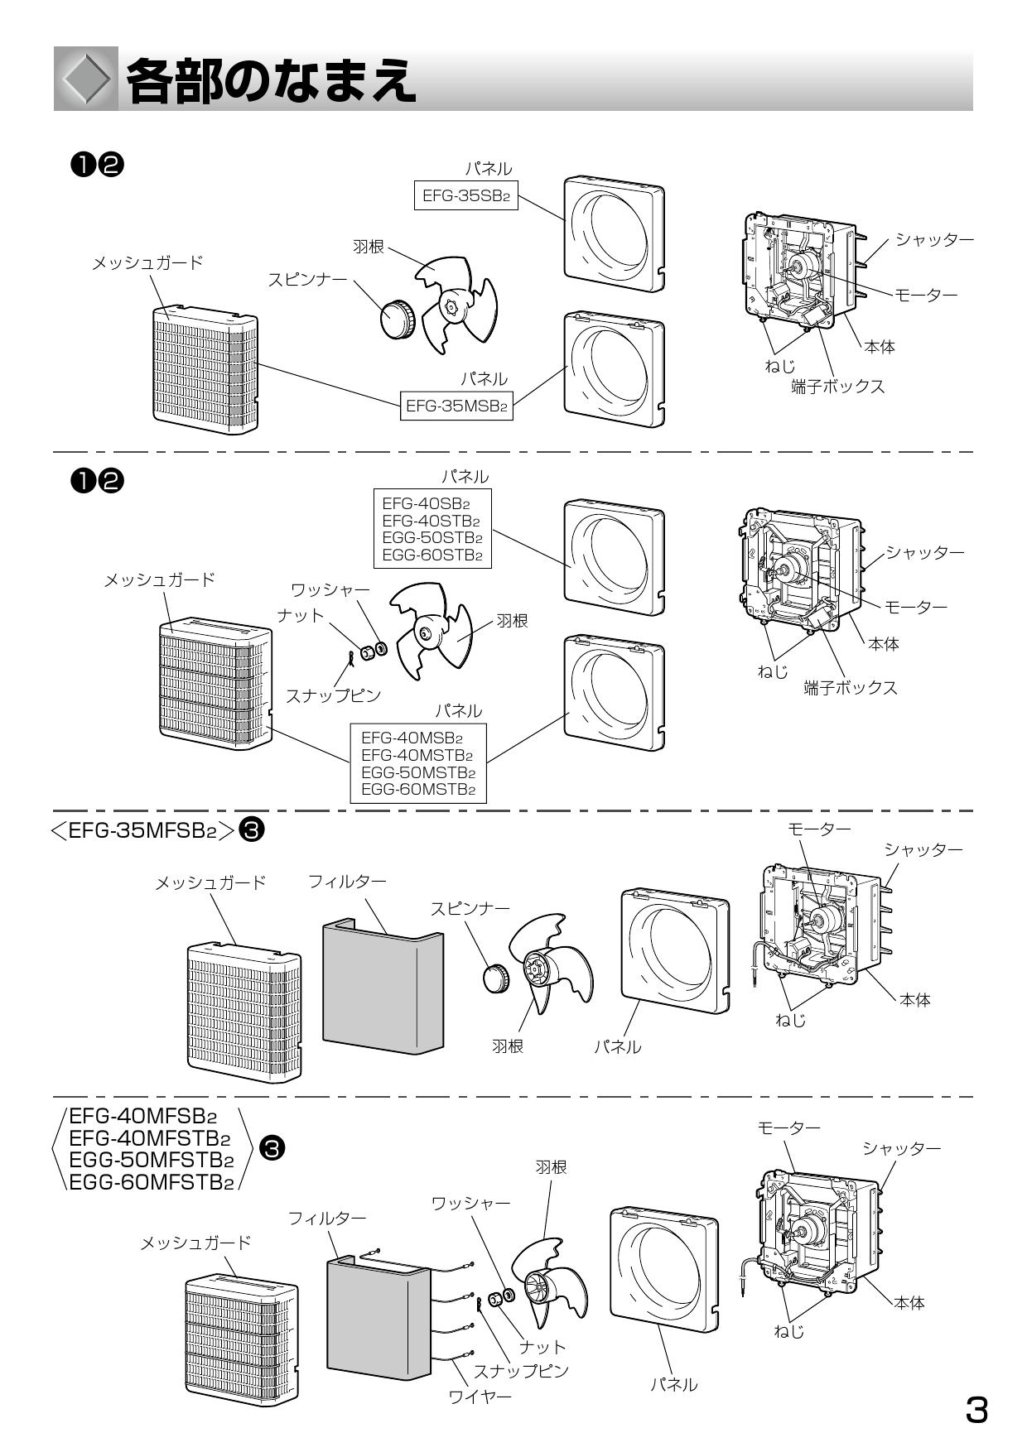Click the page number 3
coord(977,1410)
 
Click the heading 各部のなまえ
coord(270,81)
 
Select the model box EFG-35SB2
coord(465,197)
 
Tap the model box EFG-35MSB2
coord(456,406)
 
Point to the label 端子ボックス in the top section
coord(837,387)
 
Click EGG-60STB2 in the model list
coord(432,555)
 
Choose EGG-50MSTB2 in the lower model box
coord(417,772)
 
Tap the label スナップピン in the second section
coord(333,695)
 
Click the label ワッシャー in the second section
coord(330,590)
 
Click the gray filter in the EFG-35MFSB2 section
coord(381,989)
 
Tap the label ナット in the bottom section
coord(542,1347)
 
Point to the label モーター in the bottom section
coord(788,1128)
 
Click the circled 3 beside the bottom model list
coord(272,1148)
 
